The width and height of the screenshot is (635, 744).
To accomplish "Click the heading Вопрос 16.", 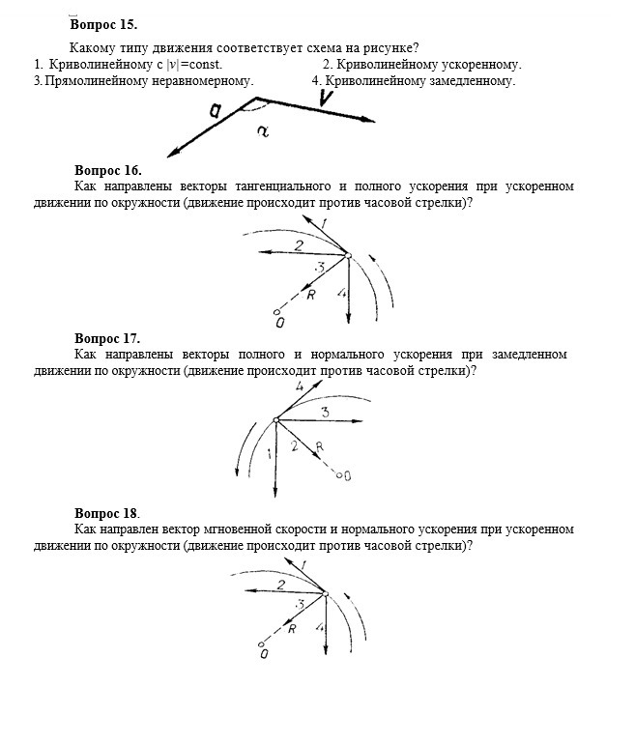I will click(107, 170).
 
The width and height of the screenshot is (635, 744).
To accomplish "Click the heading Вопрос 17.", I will click(107, 338).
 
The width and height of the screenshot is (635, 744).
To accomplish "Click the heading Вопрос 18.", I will click(107, 513).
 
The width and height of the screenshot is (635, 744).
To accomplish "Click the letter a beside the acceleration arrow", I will click(215, 114).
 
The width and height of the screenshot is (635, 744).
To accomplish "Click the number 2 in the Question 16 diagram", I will click(285, 244).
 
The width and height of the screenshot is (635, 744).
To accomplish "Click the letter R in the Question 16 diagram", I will click(311, 295).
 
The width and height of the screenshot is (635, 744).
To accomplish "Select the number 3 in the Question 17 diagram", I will click(326, 413).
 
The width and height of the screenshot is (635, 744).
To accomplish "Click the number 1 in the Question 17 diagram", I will click(268, 453).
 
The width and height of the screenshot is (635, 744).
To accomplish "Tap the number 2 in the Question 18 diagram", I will click(280, 585).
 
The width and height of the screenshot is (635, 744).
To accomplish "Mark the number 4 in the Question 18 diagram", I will click(319, 627).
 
